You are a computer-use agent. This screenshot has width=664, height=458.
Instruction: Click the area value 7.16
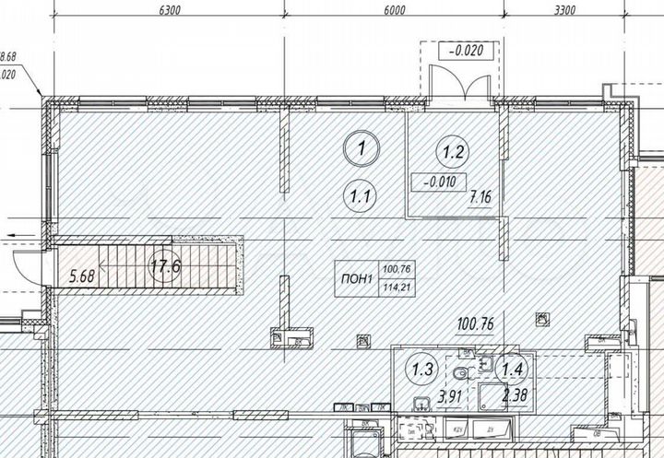(x=480, y=196)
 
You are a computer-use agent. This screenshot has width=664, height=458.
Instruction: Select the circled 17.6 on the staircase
(x=164, y=270)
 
